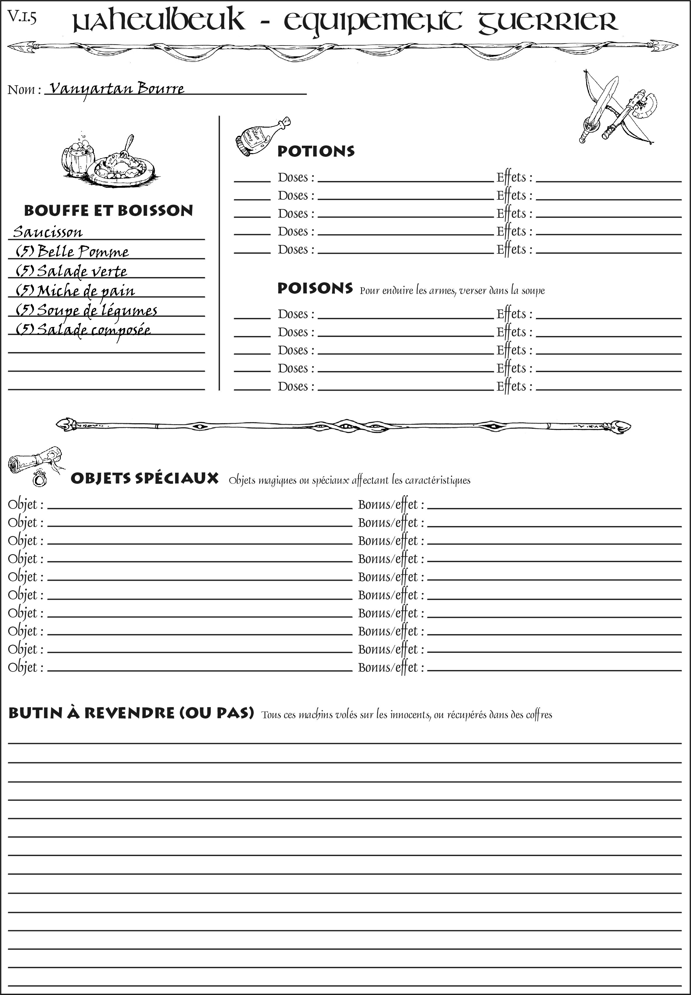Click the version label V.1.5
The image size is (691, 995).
click(22, 17)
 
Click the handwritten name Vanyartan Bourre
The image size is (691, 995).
click(116, 89)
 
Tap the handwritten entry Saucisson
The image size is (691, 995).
click(48, 232)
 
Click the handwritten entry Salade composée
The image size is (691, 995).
click(83, 330)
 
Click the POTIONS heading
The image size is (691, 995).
click(316, 151)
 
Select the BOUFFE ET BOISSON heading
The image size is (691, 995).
click(108, 211)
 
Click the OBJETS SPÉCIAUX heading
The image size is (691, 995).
click(145, 479)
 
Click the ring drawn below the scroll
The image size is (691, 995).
click(39, 479)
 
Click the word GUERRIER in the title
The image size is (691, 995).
click(548, 22)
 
